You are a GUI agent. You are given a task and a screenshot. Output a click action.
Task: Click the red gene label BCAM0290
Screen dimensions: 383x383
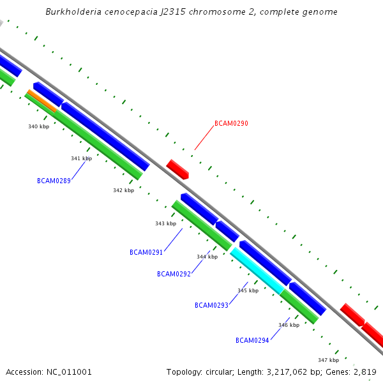pyautogui.click(x=231, y=123)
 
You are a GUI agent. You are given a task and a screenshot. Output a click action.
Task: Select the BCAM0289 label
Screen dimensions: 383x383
pyautogui.click(x=54, y=181)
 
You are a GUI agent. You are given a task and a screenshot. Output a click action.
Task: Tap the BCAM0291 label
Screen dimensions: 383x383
pyautogui.click(x=146, y=252)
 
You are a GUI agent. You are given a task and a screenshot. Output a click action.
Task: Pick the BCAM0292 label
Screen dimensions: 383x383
pyautogui.click(x=174, y=274)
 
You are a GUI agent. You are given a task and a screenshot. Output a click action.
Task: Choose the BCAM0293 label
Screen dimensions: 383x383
pyautogui.click(x=211, y=305)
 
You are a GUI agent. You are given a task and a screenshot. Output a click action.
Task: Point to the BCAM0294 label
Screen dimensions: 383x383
pyautogui.click(x=252, y=340)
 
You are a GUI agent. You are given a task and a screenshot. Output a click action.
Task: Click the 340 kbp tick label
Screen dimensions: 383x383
pyautogui.click(x=38, y=126)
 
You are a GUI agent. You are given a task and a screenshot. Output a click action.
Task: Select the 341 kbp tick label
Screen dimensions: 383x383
pyautogui.click(x=81, y=158)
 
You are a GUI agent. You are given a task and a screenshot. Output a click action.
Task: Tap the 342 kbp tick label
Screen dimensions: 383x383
pyautogui.click(x=123, y=190)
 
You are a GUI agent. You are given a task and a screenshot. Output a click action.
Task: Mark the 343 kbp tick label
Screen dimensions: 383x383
pyautogui.click(x=165, y=223)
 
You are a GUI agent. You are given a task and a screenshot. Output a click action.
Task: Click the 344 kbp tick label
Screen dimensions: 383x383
pyautogui.click(x=207, y=257)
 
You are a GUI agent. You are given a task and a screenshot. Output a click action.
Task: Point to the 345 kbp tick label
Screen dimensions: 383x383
pyautogui.click(x=248, y=290)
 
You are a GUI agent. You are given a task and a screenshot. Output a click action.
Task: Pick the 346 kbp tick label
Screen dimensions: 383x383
pyautogui.click(x=289, y=325)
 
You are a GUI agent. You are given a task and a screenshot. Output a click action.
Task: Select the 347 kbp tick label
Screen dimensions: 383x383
pyautogui.click(x=328, y=360)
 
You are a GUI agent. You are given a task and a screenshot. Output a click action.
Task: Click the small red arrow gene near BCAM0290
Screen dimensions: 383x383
pyautogui.click(x=177, y=169)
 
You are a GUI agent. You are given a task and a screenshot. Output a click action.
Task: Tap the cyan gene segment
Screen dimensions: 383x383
pyautogui.click(x=257, y=271)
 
